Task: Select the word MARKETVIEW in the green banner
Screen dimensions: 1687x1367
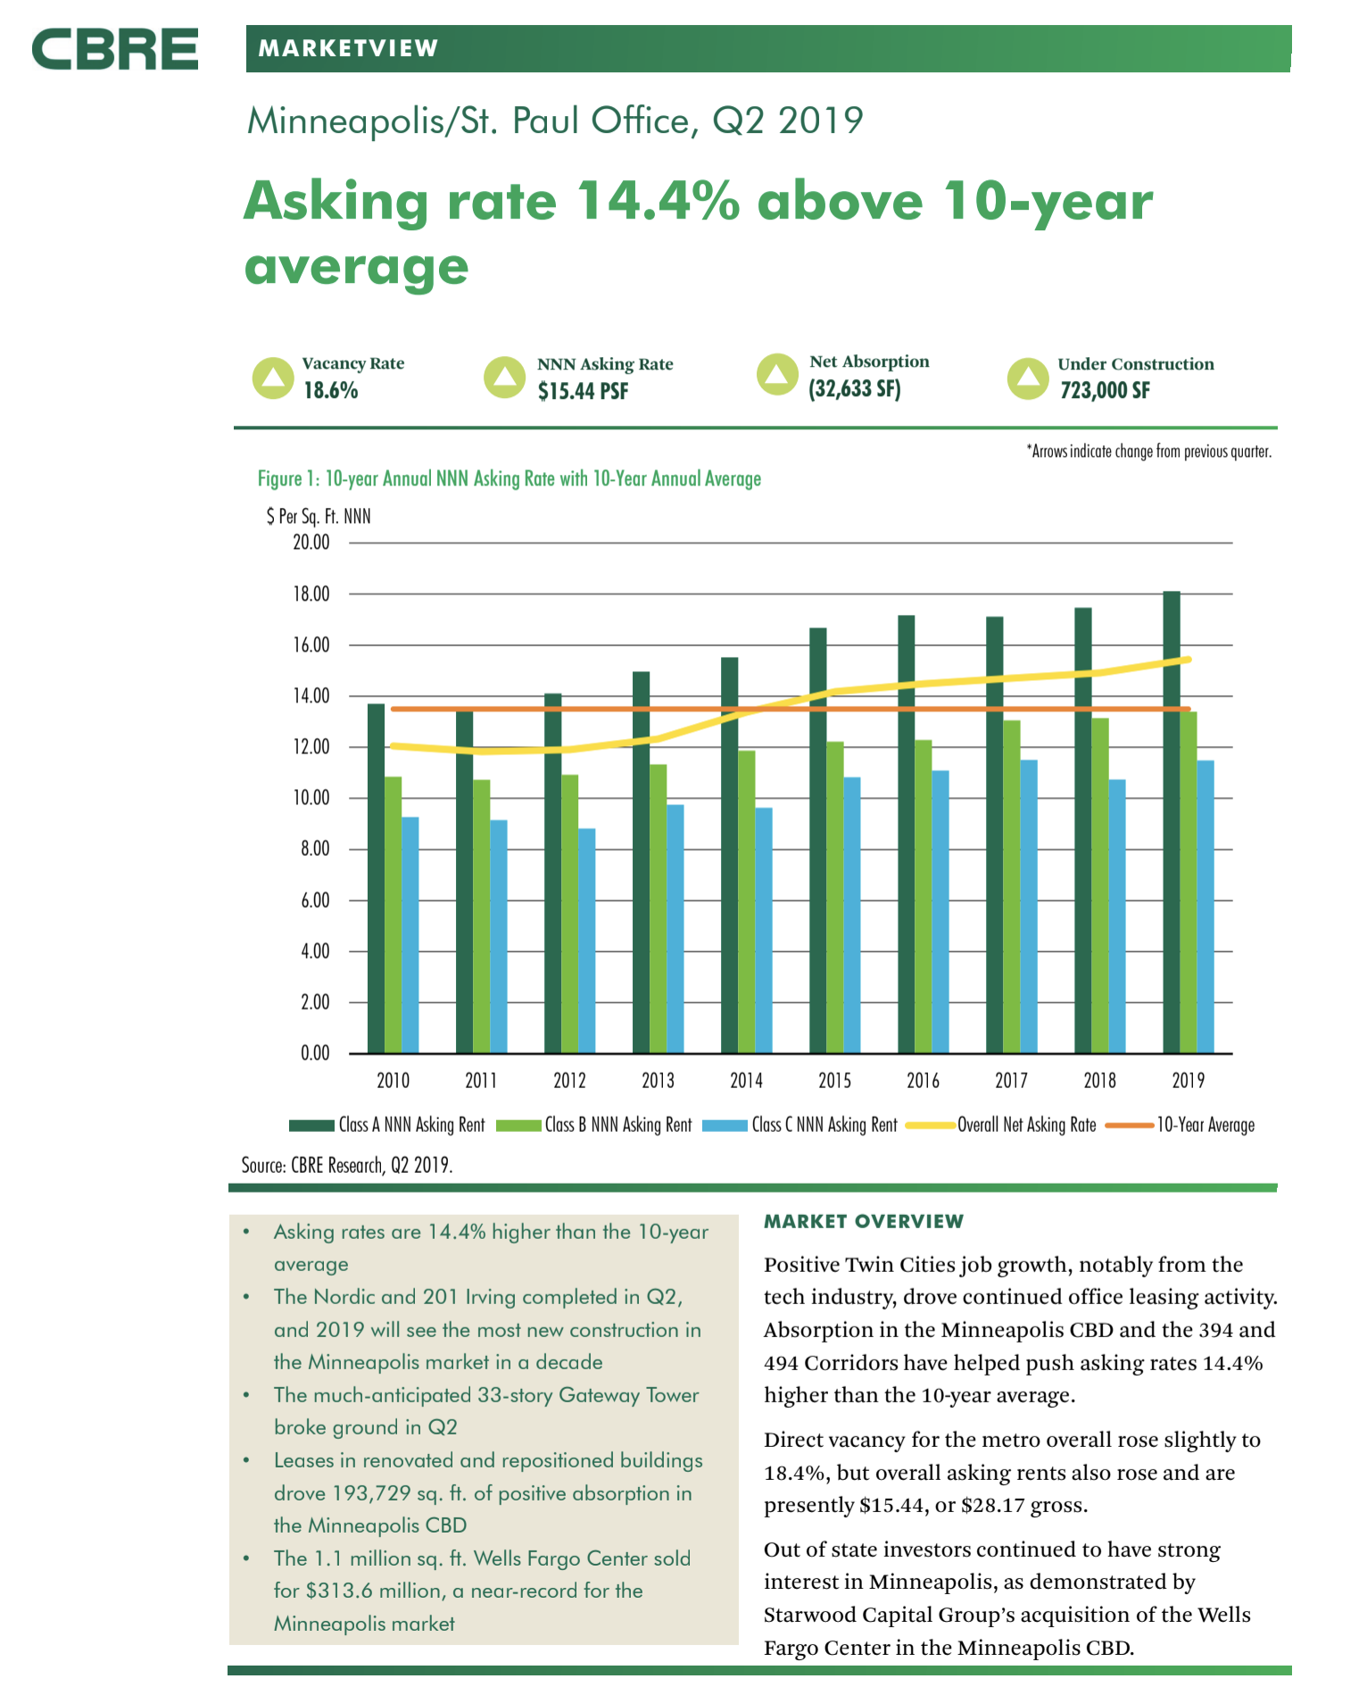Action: coord(348,48)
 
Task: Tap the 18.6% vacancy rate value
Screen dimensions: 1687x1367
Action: coord(330,391)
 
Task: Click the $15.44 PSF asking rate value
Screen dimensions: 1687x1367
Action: coord(583,391)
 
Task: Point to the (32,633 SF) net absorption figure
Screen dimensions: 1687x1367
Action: coord(854,389)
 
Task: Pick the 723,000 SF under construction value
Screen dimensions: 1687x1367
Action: coord(1105,390)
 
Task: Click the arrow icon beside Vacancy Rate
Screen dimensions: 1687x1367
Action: coord(272,378)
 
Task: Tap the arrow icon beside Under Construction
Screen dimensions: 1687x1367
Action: coord(1027,378)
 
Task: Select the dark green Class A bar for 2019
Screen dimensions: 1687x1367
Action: coord(1171,821)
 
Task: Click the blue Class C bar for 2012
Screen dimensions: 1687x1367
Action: coord(586,941)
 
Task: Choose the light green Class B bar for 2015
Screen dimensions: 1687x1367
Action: coord(834,897)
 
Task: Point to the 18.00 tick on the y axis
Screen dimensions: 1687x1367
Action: coord(311,594)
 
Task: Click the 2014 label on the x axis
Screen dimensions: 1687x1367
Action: coord(746,1081)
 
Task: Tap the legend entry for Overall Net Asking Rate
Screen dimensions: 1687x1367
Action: coord(1026,1125)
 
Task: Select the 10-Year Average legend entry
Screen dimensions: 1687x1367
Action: coord(1205,1125)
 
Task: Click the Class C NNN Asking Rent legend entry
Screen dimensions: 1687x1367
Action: coord(823,1125)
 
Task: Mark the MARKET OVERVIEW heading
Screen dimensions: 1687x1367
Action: coord(864,1221)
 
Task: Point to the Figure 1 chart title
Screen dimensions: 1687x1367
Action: coord(509,478)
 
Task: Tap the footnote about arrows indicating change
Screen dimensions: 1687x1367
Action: coord(1148,452)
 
